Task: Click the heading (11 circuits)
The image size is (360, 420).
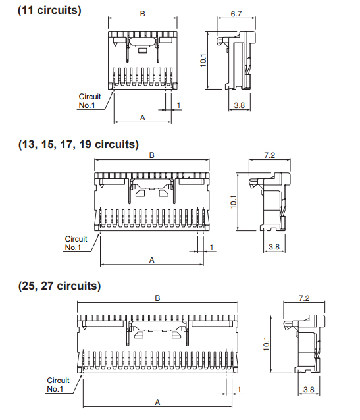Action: [x=49, y=11]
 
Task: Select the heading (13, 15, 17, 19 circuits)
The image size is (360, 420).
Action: [x=78, y=144]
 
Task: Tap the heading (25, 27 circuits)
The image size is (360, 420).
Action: [x=59, y=286]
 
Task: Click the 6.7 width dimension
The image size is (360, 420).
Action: [x=236, y=14]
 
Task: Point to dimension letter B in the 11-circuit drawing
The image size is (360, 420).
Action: [x=143, y=14]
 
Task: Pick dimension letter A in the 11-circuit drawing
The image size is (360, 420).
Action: [x=143, y=118]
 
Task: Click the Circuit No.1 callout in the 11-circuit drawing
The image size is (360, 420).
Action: [x=90, y=101]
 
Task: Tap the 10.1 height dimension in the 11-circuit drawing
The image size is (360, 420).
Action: [x=203, y=61]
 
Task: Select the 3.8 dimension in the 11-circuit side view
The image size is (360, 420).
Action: [x=239, y=105]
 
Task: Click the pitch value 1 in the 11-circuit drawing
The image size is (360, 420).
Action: [x=178, y=105]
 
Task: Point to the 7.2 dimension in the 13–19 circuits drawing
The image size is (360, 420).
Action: [x=269, y=155]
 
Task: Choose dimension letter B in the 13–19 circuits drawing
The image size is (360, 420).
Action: [x=152, y=155]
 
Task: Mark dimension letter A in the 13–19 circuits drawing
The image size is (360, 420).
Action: [x=152, y=260]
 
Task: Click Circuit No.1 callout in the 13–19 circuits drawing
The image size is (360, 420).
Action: [x=76, y=243]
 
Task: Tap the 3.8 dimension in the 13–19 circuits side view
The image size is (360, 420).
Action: [x=274, y=247]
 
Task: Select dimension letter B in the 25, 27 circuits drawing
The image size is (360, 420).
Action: [x=157, y=298]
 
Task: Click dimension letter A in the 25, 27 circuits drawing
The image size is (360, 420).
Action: [x=157, y=402]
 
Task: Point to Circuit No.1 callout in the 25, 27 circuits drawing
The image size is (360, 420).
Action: [x=58, y=384]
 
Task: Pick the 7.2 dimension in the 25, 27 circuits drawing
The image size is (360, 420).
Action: [x=304, y=298]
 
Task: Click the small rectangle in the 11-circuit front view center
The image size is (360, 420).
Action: [x=142, y=50]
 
